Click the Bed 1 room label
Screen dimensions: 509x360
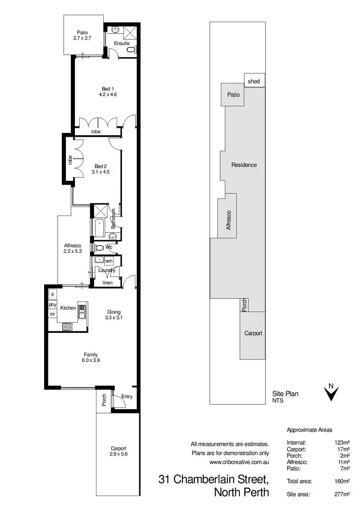pyautogui.click(x=108, y=88)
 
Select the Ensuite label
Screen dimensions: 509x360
pyautogui.click(x=122, y=44)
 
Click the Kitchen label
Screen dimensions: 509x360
pyautogui.click(x=68, y=308)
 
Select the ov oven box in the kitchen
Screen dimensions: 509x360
pyautogui.click(x=52, y=314)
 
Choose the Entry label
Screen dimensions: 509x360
pyautogui.click(x=126, y=397)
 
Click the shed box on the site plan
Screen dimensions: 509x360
pyautogui.click(x=254, y=82)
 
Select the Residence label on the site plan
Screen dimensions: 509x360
pyautogui.click(x=244, y=165)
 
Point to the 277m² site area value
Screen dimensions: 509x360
pyautogui.click(x=341, y=494)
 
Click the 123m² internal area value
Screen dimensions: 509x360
pyautogui.click(x=341, y=442)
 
